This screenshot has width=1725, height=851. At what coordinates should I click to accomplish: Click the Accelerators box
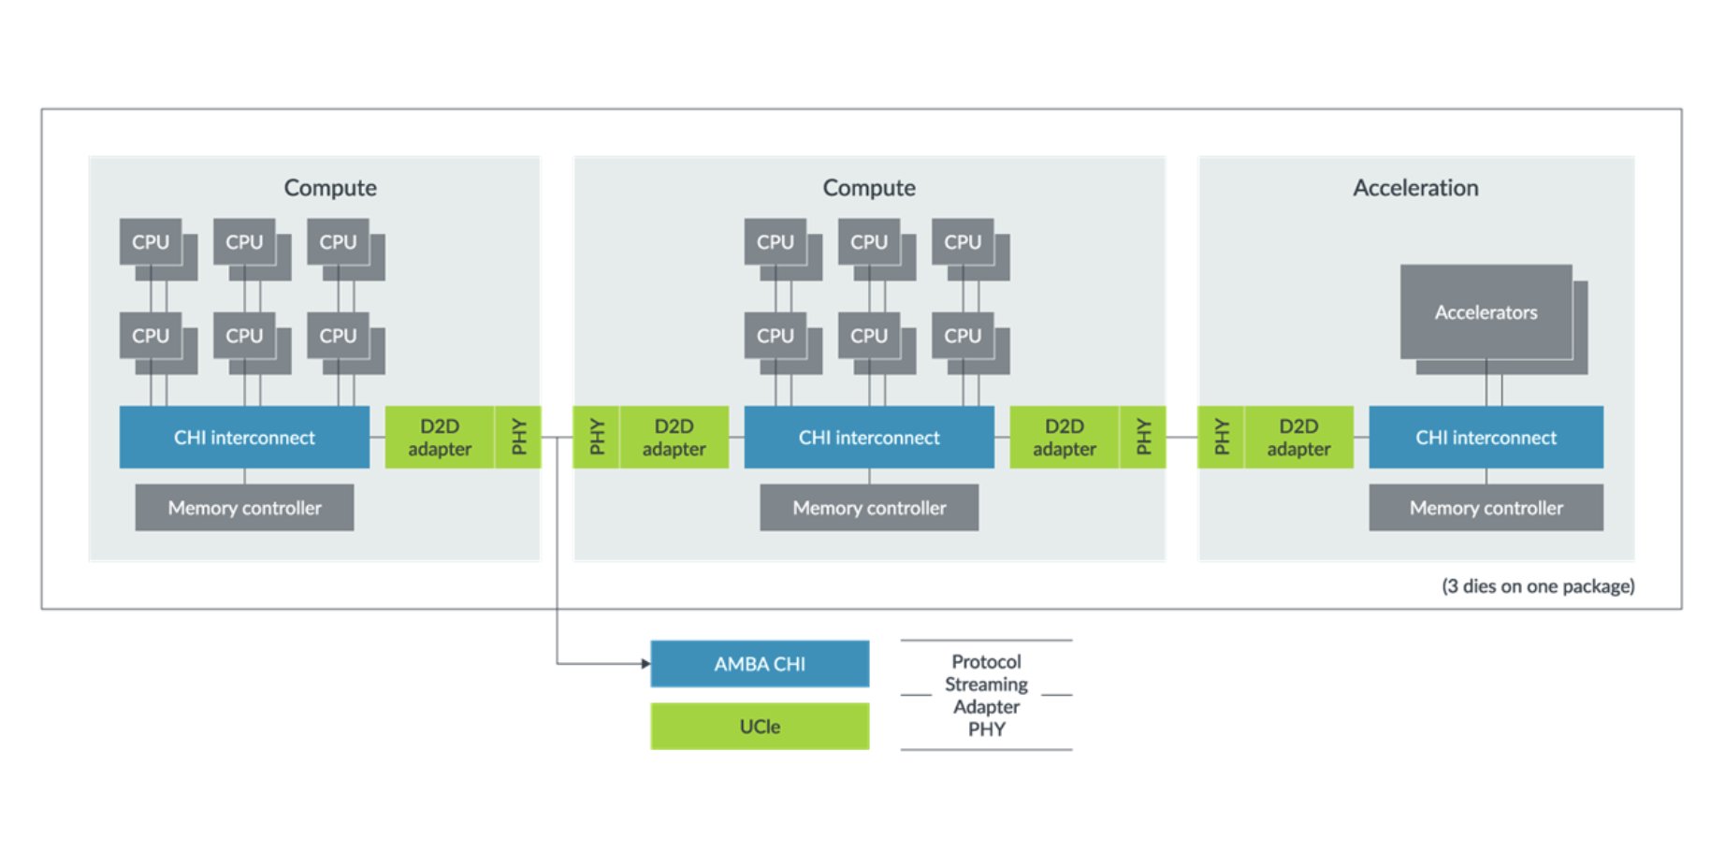click(1486, 312)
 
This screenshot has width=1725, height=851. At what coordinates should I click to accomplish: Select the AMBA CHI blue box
click(760, 664)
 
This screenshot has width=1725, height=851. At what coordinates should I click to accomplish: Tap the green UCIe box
click(760, 727)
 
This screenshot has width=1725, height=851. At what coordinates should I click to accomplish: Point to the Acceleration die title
click(1415, 188)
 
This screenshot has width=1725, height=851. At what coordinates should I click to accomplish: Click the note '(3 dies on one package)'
click(1538, 586)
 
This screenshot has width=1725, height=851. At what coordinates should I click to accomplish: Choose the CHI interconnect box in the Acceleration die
click(1486, 438)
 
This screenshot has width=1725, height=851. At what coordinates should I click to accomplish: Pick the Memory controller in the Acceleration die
click(1486, 508)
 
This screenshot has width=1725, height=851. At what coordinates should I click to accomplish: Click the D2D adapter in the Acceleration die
click(1298, 438)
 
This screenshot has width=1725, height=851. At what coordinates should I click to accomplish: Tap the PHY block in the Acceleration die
click(1221, 438)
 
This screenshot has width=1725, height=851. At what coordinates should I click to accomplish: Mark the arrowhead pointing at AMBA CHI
click(645, 664)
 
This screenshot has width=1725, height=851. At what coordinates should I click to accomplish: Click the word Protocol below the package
click(986, 662)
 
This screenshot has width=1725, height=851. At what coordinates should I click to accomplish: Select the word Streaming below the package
click(986, 685)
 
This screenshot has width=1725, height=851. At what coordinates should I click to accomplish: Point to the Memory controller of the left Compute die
click(244, 508)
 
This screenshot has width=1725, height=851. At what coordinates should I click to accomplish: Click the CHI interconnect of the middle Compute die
click(869, 438)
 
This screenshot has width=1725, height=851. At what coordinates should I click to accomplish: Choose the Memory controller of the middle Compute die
click(869, 508)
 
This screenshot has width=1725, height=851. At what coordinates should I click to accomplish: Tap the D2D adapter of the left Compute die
click(440, 438)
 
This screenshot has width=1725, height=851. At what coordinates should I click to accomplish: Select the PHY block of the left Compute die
click(518, 438)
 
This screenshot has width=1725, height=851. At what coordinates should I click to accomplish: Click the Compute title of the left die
click(330, 188)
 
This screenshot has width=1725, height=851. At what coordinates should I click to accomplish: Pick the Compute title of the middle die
click(869, 188)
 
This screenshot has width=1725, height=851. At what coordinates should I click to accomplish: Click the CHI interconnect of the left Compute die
click(244, 438)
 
